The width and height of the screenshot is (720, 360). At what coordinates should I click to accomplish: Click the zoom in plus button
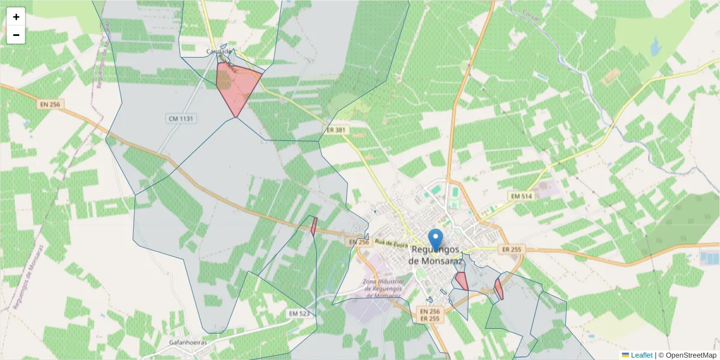(x=16, y=17)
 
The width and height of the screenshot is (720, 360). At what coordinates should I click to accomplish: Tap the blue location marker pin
(x=436, y=239)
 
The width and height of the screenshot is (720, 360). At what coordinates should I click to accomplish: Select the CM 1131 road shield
(x=181, y=119)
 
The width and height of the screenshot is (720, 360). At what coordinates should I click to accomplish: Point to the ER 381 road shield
(x=337, y=130)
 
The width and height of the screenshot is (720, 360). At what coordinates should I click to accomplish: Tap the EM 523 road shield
(x=299, y=313)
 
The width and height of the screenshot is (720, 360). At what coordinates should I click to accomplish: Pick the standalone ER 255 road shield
(x=513, y=249)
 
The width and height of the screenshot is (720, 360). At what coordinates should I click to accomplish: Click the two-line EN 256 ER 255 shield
(x=430, y=315)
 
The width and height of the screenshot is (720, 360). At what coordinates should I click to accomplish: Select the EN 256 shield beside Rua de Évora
(x=358, y=242)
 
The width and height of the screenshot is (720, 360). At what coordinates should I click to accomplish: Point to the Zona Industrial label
(x=382, y=289)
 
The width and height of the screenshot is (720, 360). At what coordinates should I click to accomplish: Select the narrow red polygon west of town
(x=314, y=226)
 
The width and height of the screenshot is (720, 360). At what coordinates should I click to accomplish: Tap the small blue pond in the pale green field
(x=654, y=46)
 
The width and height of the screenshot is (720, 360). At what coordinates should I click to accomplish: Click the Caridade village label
(x=218, y=52)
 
